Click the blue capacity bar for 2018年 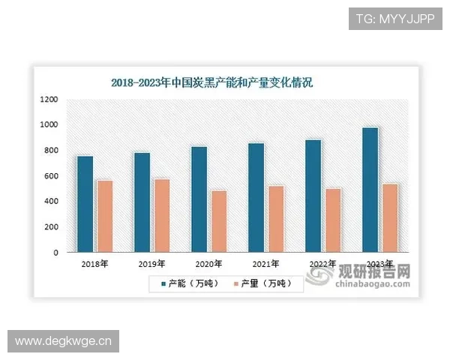(85, 203)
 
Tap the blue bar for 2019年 (142, 202)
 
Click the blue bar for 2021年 (256, 197)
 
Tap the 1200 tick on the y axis (49, 99)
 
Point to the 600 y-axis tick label (49, 175)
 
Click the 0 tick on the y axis (55, 253)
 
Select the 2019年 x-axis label (151, 264)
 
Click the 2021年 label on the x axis (265, 264)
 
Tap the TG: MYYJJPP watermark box (395, 16)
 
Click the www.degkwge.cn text (63, 342)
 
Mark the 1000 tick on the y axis (49, 124)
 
